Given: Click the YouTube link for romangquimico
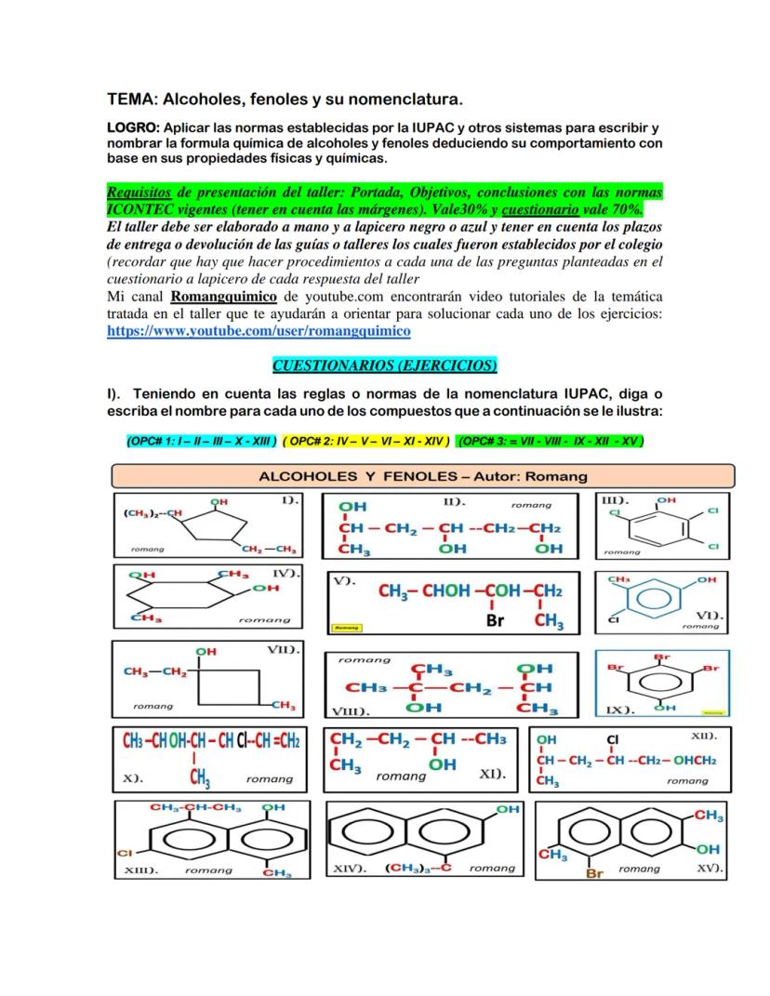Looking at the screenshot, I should [259, 330].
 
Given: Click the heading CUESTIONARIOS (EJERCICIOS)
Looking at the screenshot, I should [385, 364].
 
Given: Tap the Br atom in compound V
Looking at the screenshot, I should [495, 620].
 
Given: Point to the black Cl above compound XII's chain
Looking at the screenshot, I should [611, 741].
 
